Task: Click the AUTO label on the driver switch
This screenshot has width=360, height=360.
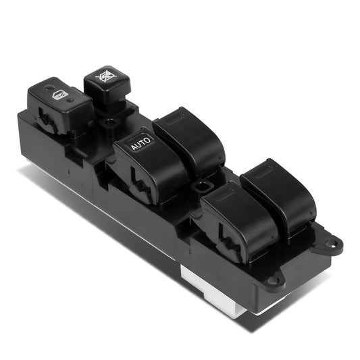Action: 140,143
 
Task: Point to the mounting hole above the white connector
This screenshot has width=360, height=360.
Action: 273,280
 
